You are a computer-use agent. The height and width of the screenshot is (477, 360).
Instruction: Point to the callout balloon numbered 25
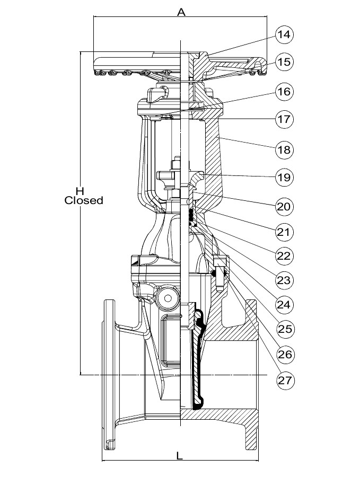click(285, 329)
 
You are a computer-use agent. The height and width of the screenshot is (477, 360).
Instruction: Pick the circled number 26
click(285, 354)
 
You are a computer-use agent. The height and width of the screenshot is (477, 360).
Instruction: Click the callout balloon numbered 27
click(285, 379)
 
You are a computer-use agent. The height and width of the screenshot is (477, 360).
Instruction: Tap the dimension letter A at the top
click(181, 12)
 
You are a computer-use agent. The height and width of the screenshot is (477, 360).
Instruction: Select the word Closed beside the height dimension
click(84, 201)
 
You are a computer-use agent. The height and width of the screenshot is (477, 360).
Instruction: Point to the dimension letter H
click(80, 190)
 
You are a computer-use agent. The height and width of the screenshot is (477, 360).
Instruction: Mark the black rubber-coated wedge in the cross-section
click(198, 360)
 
